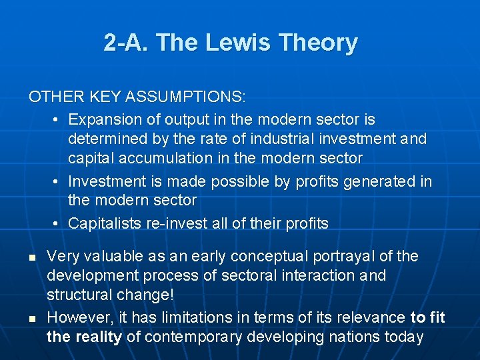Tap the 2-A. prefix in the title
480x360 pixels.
coord(127,43)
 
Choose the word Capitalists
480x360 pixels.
coord(105,223)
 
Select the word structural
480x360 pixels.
coord(78,295)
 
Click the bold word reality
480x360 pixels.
coord(98,337)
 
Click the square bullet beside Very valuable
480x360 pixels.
coord(31,257)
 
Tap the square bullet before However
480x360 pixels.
coord(31,318)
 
